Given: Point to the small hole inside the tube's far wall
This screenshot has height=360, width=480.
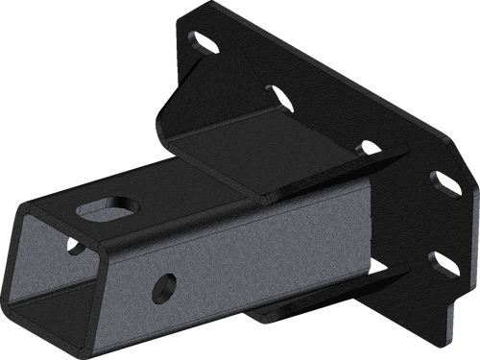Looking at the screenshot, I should point(76,248).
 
